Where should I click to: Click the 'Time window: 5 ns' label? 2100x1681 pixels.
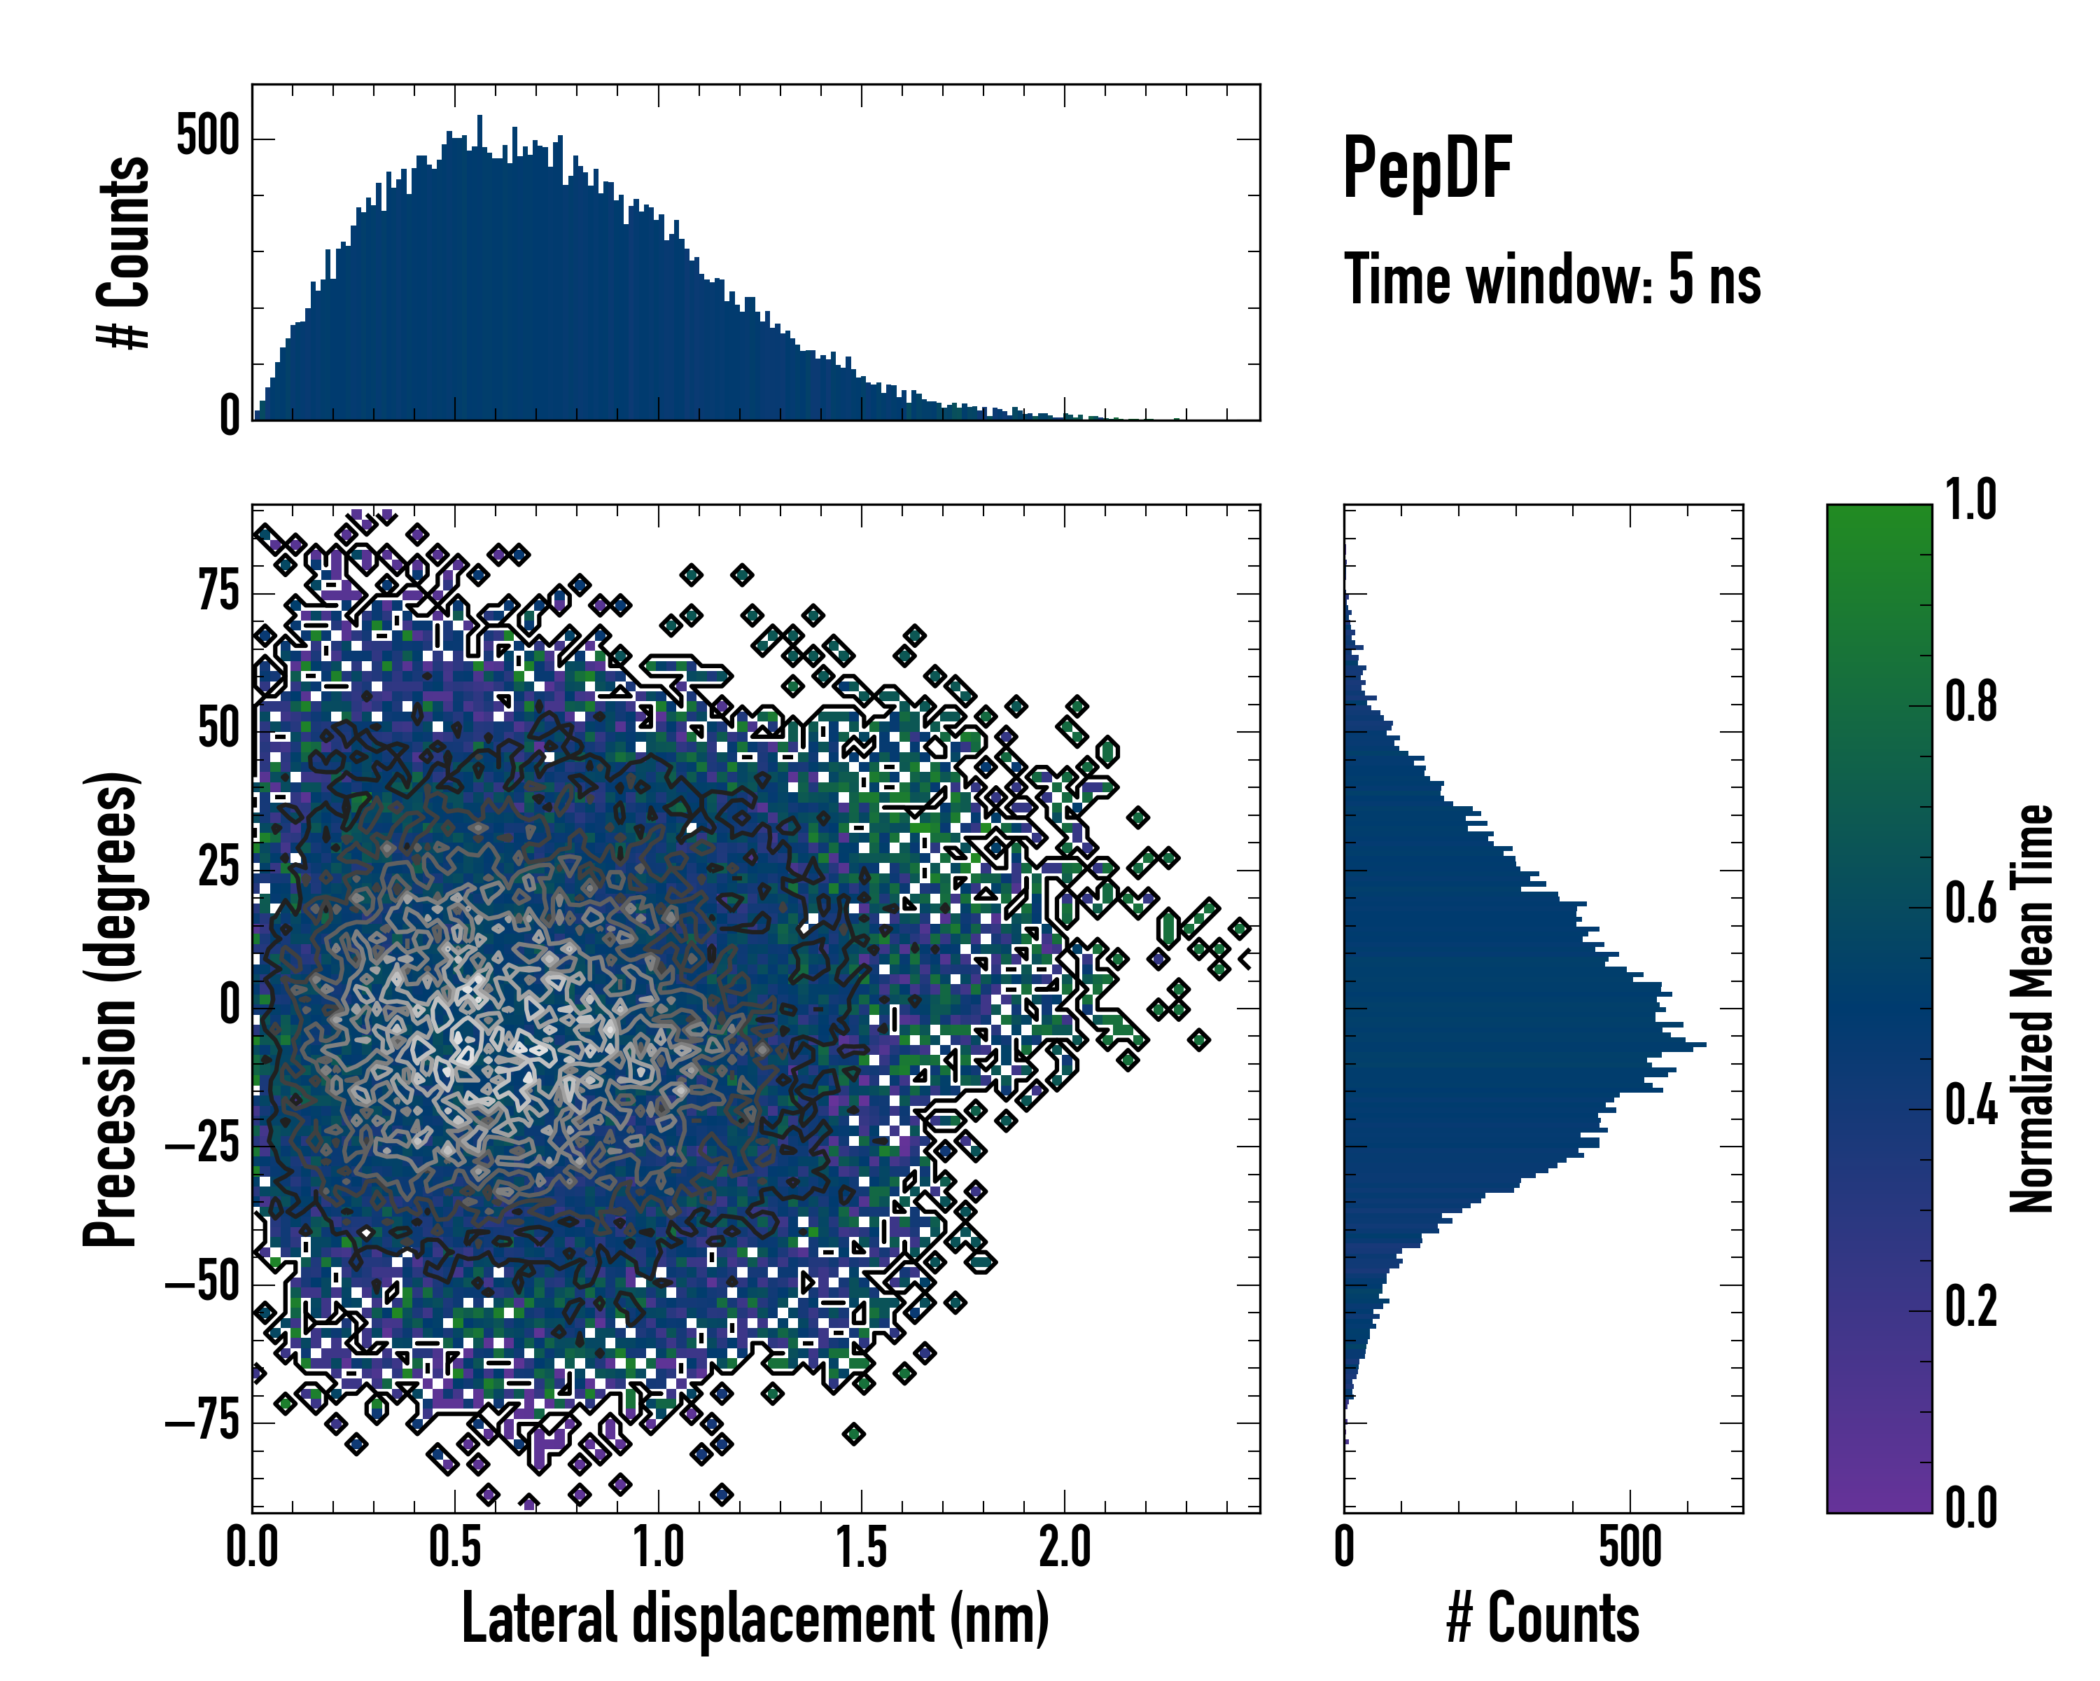pyautogui.click(x=1552, y=279)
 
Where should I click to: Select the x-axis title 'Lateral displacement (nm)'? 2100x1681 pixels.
pyautogui.click(x=755, y=1619)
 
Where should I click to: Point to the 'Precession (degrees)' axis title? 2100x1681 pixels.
pyautogui.click(x=110, y=1009)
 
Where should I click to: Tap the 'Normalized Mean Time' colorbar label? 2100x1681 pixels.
pyautogui.click(x=2032, y=1008)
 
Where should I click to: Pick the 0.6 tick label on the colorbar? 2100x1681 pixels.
pyautogui.click(x=1970, y=904)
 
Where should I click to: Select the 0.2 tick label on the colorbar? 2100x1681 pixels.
pyautogui.click(x=1970, y=1307)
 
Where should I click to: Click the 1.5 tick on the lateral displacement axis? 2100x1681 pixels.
pyautogui.click(x=861, y=1547)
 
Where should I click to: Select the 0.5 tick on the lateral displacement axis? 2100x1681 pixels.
pyautogui.click(x=455, y=1547)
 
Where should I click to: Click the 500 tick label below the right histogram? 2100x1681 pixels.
pyautogui.click(x=1630, y=1547)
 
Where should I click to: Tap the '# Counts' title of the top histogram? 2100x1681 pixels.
pyautogui.click(x=125, y=252)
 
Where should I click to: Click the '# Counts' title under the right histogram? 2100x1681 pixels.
pyautogui.click(x=1543, y=1619)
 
